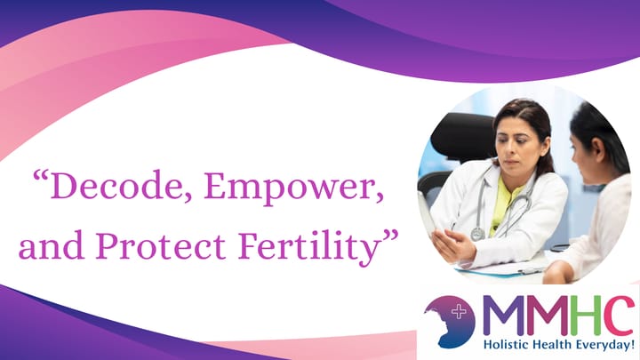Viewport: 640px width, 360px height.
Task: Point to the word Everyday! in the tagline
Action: click(606, 343)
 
